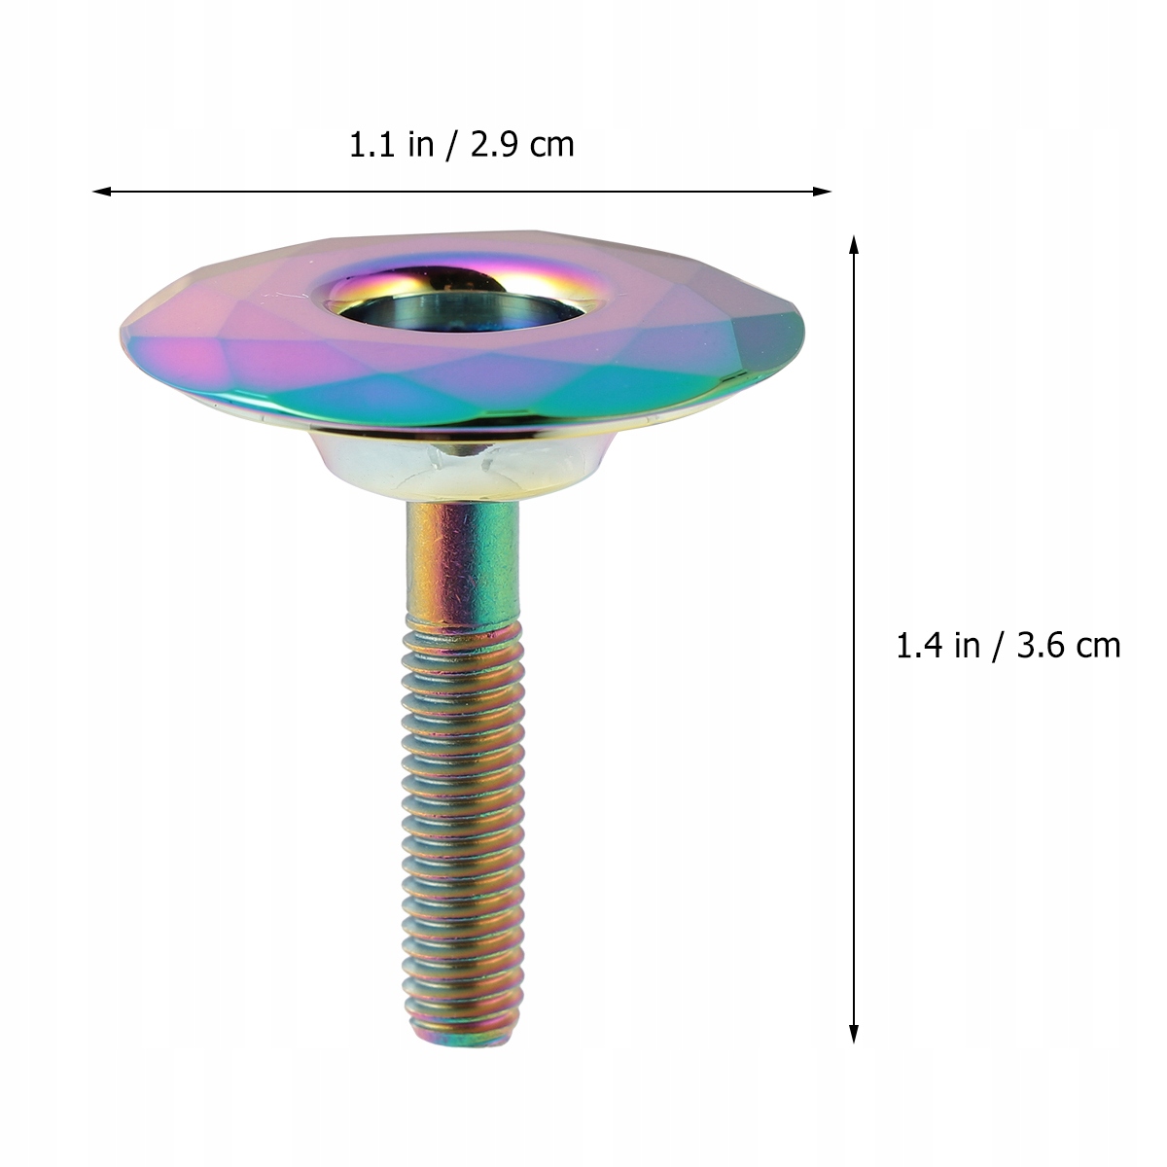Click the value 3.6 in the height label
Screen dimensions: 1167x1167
[1037, 645]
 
